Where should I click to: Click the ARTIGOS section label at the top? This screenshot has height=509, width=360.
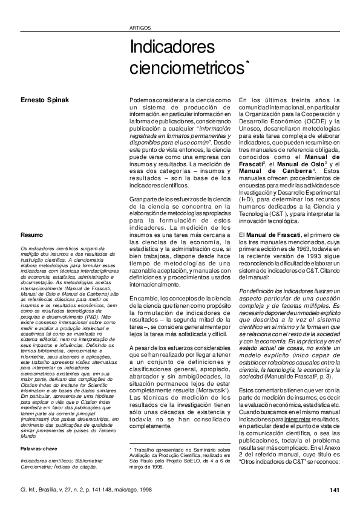click(140, 28)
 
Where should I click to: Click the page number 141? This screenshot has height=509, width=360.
click(334, 489)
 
